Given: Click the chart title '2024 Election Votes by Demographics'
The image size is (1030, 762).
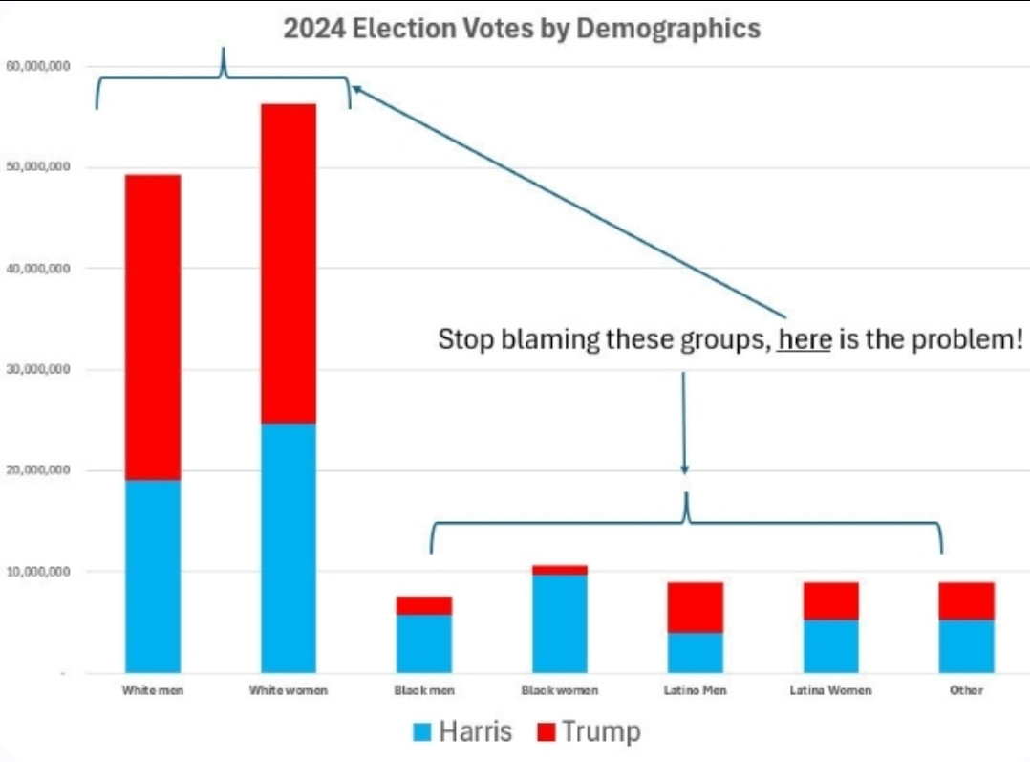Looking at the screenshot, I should (x=522, y=29).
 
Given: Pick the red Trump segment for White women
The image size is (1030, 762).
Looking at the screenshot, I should (x=289, y=263).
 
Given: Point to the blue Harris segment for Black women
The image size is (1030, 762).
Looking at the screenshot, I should (x=560, y=622).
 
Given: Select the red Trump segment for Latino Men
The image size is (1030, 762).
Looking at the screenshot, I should (x=696, y=607).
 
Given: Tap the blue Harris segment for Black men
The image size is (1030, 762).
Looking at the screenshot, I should (x=424, y=642).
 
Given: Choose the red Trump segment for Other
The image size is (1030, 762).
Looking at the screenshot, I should (x=966, y=600).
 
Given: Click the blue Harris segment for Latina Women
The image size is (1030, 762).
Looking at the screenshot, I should (x=830, y=645).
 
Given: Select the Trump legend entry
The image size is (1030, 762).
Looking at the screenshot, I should (x=589, y=732).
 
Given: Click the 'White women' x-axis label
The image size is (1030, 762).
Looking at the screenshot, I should (x=289, y=689).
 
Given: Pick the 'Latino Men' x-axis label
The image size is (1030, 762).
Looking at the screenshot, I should (x=696, y=689).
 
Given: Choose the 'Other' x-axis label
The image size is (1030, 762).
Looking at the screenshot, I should (x=966, y=689).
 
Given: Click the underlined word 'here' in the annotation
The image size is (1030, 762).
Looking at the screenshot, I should (x=805, y=339).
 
